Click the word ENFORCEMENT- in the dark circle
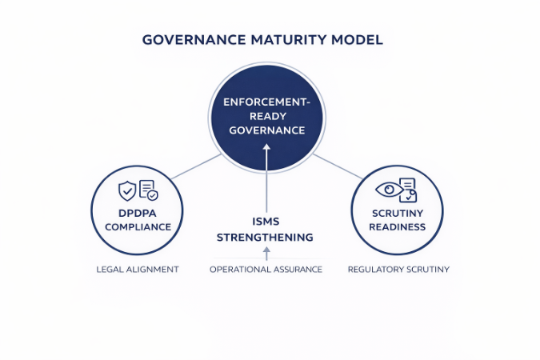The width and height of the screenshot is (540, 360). pos(266,102)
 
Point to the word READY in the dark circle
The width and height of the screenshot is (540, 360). pos(266,117)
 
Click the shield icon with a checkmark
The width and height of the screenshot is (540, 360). pos(126,190)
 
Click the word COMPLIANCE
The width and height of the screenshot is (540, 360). pos(137,226)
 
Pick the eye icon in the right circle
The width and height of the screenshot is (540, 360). pos(388,190)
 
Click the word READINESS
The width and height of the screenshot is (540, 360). pos(398,226)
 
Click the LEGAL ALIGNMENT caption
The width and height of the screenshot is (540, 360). pos(137,270)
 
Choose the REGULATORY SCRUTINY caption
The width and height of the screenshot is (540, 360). pos(398,270)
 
